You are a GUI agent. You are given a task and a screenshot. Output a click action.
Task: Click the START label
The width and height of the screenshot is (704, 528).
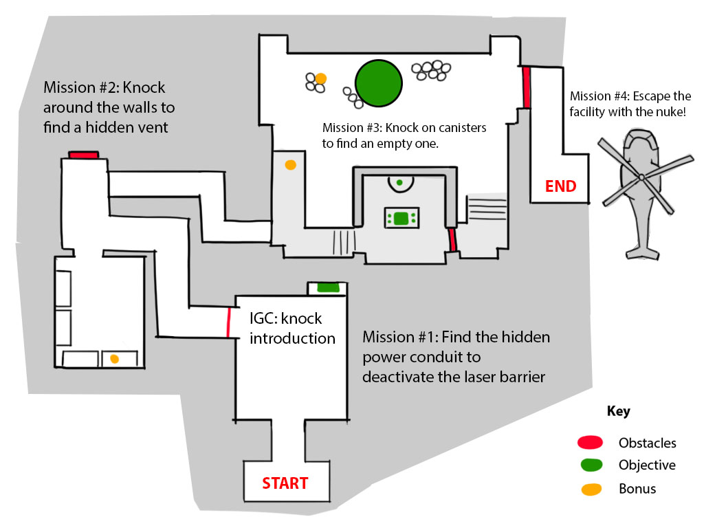click(x=285, y=483)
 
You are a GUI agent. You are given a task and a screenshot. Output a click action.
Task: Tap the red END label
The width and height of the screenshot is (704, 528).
click(x=560, y=186)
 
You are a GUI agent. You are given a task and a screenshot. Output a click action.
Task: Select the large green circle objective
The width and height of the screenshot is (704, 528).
click(x=379, y=83)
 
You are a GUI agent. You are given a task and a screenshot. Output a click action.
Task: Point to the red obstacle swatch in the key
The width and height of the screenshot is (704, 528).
click(x=590, y=442)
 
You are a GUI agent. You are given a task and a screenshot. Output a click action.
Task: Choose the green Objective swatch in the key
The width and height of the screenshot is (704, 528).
click(x=591, y=465)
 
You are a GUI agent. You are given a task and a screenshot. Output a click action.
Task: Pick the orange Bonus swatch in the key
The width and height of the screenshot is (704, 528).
click(x=591, y=489)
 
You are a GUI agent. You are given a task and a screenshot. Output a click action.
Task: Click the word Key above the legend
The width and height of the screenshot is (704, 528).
click(x=618, y=411)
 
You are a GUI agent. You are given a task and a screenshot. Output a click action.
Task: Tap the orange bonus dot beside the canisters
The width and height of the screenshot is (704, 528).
click(x=320, y=78)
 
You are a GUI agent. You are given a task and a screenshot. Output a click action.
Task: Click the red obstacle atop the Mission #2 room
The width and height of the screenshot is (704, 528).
click(x=83, y=155)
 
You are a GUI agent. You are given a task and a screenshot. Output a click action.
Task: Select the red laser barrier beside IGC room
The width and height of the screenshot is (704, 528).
click(x=228, y=322)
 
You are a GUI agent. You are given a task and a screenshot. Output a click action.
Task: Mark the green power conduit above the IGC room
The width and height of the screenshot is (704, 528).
click(x=328, y=287)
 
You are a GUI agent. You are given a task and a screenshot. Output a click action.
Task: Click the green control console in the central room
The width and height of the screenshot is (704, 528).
click(x=401, y=218)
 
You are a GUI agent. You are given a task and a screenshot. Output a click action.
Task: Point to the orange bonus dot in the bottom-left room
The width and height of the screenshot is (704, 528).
click(x=115, y=359)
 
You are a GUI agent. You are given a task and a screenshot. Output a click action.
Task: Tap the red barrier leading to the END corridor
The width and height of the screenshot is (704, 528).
click(x=526, y=87)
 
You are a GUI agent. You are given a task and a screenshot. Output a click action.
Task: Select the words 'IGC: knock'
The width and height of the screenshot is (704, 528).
click(x=285, y=318)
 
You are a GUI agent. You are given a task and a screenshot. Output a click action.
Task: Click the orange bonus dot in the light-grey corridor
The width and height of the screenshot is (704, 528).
click(x=291, y=165)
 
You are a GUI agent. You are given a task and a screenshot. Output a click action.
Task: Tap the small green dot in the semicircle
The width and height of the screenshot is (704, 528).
click(x=399, y=182)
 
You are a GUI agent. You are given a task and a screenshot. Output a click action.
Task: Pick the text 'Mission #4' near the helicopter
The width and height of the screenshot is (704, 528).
click(x=599, y=96)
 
